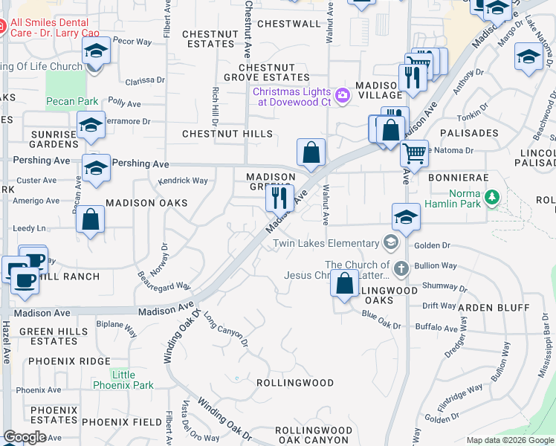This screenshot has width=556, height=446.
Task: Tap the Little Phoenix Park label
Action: click(x=123, y=380)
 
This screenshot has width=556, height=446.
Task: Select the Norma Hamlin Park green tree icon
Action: click(x=491, y=197)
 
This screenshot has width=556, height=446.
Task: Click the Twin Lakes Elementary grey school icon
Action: click(x=390, y=243)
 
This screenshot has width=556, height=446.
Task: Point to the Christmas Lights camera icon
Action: click(x=343, y=94)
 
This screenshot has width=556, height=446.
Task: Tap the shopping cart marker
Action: click(x=414, y=154)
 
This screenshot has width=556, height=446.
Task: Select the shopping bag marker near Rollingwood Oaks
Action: click(x=344, y=284)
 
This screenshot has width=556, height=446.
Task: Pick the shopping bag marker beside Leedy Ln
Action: click(x=90, y=219)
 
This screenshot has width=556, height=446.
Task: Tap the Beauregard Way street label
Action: click(x=165, y=280)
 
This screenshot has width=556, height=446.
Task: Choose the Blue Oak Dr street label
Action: click(x=381, y=320)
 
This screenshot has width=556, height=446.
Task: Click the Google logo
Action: click(x=25, y=437)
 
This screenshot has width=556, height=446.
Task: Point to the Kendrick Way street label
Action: click(x=183, y=181)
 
